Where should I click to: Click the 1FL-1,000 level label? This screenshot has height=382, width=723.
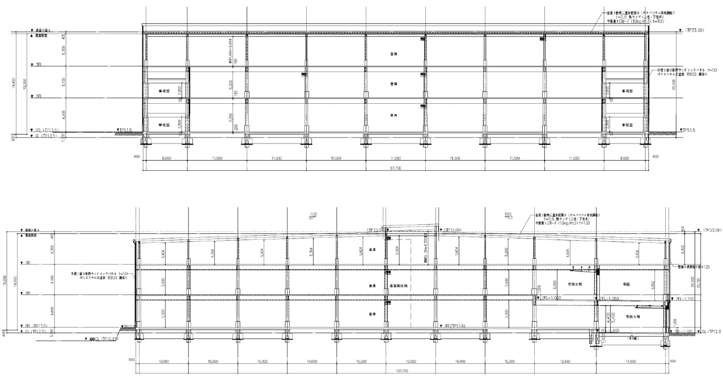point(605,330)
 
